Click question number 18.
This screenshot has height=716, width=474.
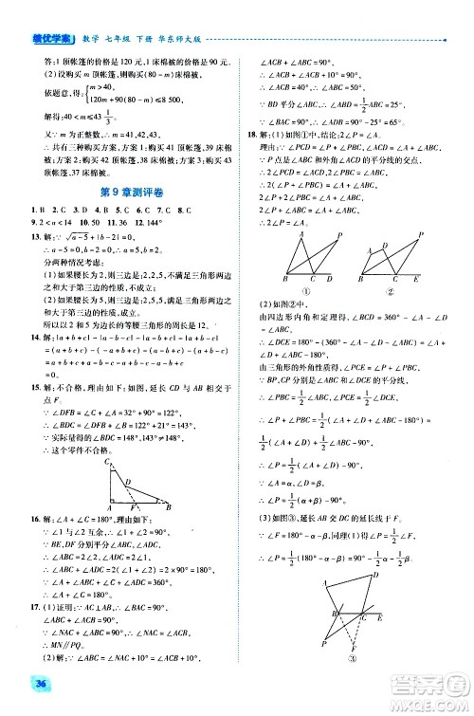pyautogui.click(x=251, y=136)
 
